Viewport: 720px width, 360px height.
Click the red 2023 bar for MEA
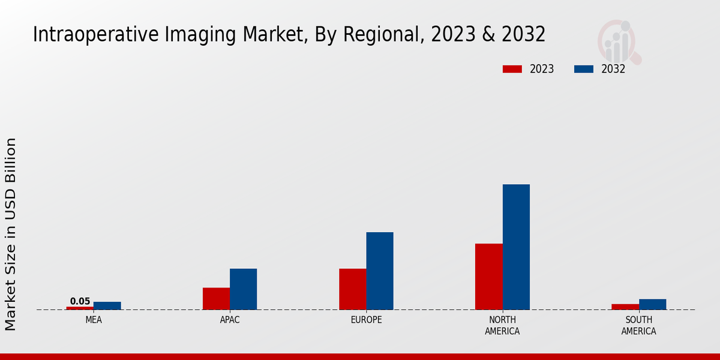click(80, 308)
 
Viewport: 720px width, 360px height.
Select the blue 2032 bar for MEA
click(107, 305)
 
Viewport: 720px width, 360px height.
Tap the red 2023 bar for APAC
click(216, 298)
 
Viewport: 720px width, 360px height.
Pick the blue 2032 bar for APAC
click(243, 289)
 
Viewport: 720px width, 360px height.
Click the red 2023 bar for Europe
click(352, 289)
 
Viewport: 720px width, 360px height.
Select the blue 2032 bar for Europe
click(380, 271)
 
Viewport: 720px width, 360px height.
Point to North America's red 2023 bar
click(488, 276)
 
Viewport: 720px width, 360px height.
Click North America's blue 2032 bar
click(516, 247)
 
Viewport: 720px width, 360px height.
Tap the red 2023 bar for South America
click(625, 307)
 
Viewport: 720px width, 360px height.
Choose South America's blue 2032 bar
click(652, 304)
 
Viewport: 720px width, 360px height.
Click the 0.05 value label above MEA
click(80, 301)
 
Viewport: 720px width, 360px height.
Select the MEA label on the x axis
click(94, 320)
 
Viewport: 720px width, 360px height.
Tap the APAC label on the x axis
click(230, 320)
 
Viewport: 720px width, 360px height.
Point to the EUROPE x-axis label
click(366, 320)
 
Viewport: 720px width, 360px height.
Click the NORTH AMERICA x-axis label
click(502, 325)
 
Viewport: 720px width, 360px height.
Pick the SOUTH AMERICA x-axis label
click(638, 325)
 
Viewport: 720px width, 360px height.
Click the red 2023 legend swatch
click(512, 69)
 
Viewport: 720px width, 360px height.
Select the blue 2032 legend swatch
click(583, 69)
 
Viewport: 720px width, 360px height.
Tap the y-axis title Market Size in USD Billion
click(11, 234)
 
